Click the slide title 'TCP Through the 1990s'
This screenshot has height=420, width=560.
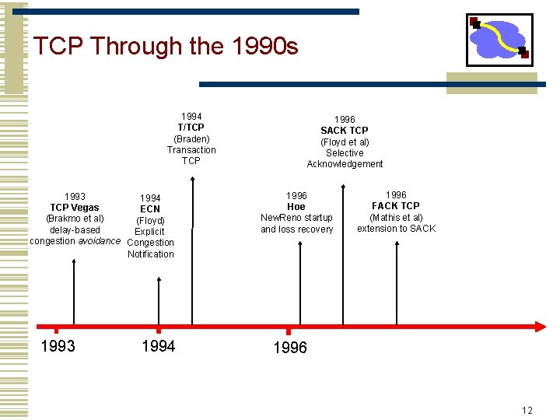[166, 47]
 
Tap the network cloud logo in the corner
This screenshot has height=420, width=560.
[499, 39]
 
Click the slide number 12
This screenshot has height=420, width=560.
[527, 411]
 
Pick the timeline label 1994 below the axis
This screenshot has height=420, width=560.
[159, 346]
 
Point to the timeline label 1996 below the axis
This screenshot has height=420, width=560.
[290, 348]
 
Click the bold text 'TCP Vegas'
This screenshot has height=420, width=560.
[75, 208]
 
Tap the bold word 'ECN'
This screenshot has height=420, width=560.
[150, 209]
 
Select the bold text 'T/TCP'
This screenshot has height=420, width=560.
[191, 128]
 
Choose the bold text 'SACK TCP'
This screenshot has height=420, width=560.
[345, 131]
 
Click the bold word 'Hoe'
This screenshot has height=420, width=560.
[296, 207]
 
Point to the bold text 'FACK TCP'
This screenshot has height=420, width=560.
[396, 206]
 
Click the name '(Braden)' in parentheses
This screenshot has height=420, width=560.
[191, 138]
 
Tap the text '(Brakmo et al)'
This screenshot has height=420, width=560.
[75, 219]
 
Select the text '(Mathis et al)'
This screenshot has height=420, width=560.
[396, 217]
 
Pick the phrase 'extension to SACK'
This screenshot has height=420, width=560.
[396, 228]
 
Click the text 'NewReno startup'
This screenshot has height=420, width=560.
[296, 218]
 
